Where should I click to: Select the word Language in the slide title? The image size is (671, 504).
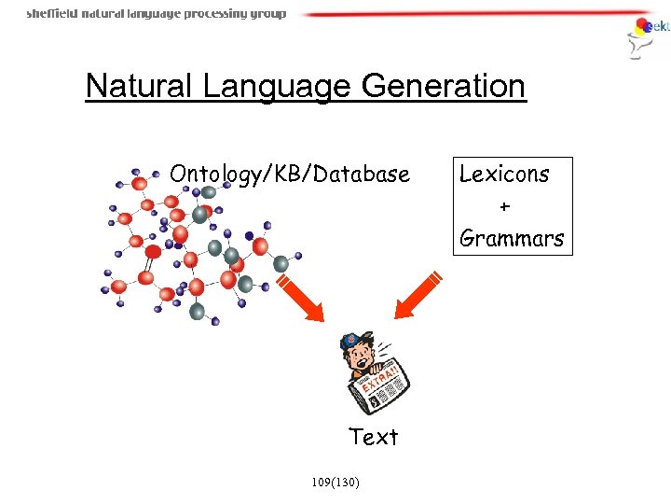pos(274,87)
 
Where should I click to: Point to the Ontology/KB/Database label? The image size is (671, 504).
pos(289,174)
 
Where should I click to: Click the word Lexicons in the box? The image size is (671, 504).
pos(504,174)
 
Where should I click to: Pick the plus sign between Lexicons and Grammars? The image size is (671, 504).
pos(505,206)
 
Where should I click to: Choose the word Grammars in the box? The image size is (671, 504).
pos(512,238)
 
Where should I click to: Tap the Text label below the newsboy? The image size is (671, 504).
pos(373,437)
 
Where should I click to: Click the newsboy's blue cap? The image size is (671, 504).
pos(354,342)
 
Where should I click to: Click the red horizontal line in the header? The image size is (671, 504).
pos(466,14)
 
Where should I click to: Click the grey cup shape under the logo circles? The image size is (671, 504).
pos(637,49)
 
